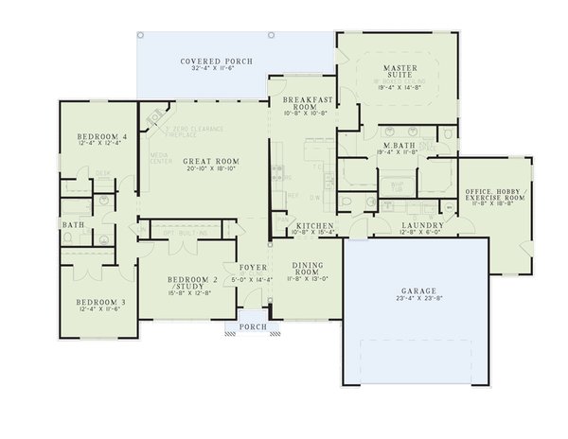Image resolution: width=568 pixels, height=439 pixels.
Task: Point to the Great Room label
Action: click(204, 162)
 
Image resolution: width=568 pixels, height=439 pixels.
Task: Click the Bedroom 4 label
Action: click(95, 135)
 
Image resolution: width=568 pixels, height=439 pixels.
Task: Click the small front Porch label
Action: click(252, 326)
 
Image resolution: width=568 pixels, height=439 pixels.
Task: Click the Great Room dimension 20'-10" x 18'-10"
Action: click(204, 170)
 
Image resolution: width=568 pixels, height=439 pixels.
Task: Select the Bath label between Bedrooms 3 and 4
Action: click(72, 225)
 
